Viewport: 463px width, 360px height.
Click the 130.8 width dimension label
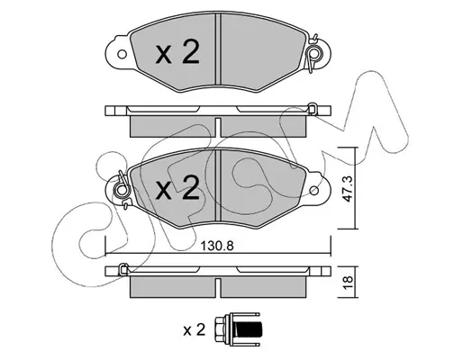(217, 247)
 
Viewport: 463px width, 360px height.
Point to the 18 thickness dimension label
(348, 283)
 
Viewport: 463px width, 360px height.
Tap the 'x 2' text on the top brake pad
(177, 53)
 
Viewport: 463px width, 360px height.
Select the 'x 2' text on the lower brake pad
(177, 188)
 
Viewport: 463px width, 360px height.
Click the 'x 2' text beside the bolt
(195, 330)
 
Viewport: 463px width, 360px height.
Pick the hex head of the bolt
(222, 329)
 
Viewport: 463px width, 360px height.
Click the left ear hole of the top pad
(122, 55)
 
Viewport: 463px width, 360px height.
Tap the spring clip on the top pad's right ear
(313, 53)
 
